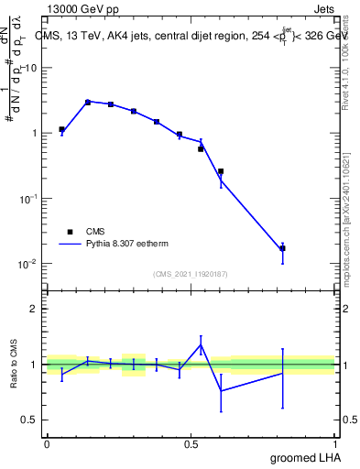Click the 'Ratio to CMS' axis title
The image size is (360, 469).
(14, 364)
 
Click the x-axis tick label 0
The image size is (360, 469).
(47, 442)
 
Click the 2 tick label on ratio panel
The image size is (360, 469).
(34, 309)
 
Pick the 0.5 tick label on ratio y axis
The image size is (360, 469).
(29, 420)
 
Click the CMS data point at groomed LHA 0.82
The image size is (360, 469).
(282, 248)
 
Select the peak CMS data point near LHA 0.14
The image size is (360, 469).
(88, 102)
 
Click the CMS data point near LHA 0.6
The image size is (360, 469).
(221, 170)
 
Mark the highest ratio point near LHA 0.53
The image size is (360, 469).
(201, 344)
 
